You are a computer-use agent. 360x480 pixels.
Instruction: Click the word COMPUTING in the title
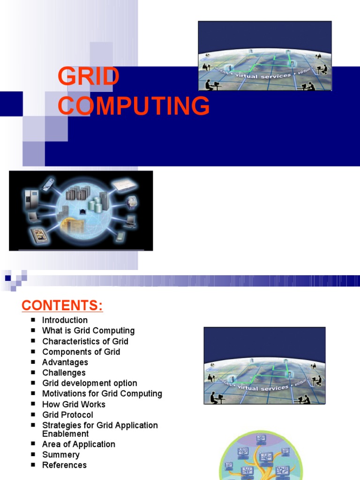click(134, 105)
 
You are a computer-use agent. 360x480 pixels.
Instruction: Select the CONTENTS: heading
click(62, 306)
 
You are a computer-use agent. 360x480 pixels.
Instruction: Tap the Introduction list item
click(65, 320)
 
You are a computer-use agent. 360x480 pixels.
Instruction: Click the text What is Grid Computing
click(88, 330)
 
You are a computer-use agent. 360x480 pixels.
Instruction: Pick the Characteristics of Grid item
click(85, 341)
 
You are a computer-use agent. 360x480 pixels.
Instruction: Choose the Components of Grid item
click(81, 352)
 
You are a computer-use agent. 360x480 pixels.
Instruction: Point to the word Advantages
click(65, 362)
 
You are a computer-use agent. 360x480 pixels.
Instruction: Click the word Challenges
click(64, 373)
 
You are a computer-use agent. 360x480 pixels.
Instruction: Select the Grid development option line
click(90, 383)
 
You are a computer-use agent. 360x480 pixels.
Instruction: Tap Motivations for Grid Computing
click(102, 394)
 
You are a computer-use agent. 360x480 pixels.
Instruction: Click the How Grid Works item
click(74, 404)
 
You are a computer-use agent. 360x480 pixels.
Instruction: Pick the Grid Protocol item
click(67, 415)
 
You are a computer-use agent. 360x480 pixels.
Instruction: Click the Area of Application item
click(78, 444)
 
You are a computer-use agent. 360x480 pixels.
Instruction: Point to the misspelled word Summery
click(60, 455)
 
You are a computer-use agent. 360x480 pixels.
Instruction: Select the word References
click(64, 465)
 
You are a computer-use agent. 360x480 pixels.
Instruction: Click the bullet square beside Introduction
click(33, 320)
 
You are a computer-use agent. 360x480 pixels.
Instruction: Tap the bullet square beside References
click(33, 465)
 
